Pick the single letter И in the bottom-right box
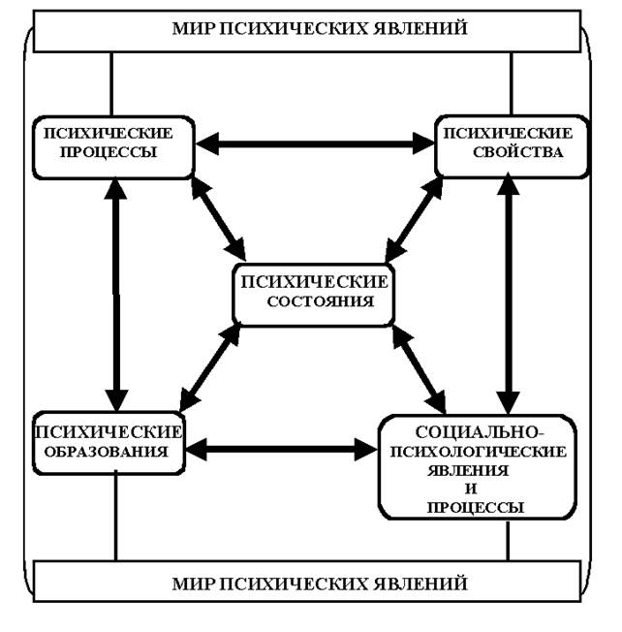pyautogui.click(x=476, y=488)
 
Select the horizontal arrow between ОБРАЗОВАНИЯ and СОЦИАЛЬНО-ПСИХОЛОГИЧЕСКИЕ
pyautogui.click(x=281, y=450)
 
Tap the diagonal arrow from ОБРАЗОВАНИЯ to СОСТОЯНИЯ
pyautogui.click(x=210, y=363)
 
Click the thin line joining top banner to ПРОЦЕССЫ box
pyautogui.click(x=112, y=83)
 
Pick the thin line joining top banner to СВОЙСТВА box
pyautogui.click(x=511, y=83)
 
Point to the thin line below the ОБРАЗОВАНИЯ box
pyautogui.click(x=116, y=513)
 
